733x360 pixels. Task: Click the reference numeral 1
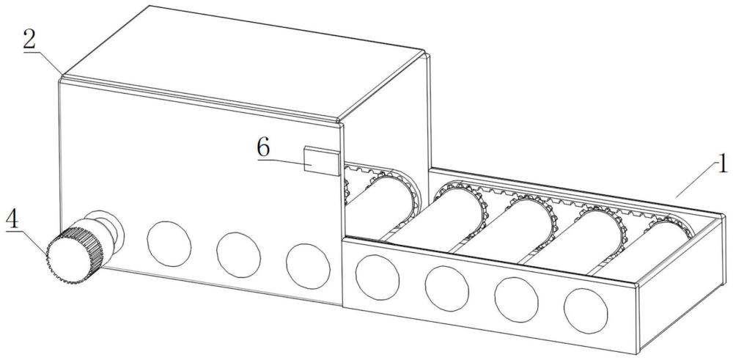[x=722, y=165]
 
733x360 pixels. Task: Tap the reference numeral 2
[x=30, y=41]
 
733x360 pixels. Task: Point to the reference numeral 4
[x=13, y=219]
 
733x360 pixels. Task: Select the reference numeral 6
[x=263, y=148]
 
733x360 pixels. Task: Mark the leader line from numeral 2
[x=43, y=63]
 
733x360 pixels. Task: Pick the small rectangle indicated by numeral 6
[x=322, y=161]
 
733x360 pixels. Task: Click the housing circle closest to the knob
[x=169, y=243]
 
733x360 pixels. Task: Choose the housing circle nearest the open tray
[x=308, y=266]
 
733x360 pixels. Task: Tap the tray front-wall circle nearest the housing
[x=377, y=277]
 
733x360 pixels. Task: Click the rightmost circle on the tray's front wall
[x=586, y=311]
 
